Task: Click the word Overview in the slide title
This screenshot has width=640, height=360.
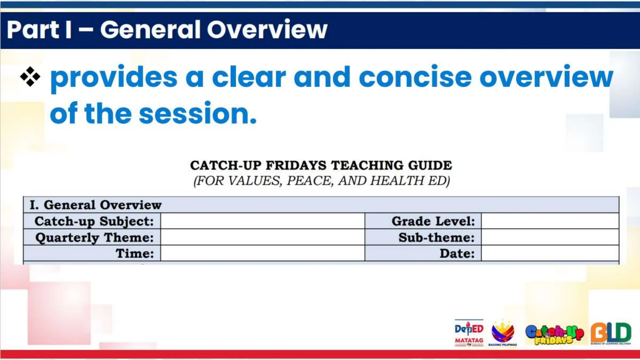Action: pyautogui.click(x=267, y=30)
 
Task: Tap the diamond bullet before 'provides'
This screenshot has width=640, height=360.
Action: pyautogui.click(x=30, y=77)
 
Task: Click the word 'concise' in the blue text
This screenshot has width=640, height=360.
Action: pyautogui.click(x=415, y=77)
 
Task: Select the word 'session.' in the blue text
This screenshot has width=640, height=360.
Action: pyautogui.click(x=197, y=113)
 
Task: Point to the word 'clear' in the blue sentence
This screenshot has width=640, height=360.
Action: pyautogui.click(x=249, y=77)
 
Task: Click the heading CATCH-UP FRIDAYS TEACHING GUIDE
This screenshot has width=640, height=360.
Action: pyautogui.click(x=321, y=165)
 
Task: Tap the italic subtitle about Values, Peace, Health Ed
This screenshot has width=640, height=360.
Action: pyautogui.click(x=322, y=181)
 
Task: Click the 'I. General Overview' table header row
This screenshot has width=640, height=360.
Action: pyautogui.click(x=321, y=205)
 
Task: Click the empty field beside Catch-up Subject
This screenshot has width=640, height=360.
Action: pyautogui.click(x=262, y=221)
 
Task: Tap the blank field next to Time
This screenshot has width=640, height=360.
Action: pyautogui.click(x=262, y=253)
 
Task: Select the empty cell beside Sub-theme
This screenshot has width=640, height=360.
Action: pyautogui.click(x=550, y=237)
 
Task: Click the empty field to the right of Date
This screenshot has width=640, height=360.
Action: pyautogui.click(x=550, y=253)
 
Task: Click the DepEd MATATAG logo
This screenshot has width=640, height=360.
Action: pyautogui.click(x=469, y=333)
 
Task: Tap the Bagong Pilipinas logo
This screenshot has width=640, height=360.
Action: pyautogui.click(x=502, y=333)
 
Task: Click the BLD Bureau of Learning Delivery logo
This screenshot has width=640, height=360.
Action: pyautogui.click(x=611, y=333)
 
